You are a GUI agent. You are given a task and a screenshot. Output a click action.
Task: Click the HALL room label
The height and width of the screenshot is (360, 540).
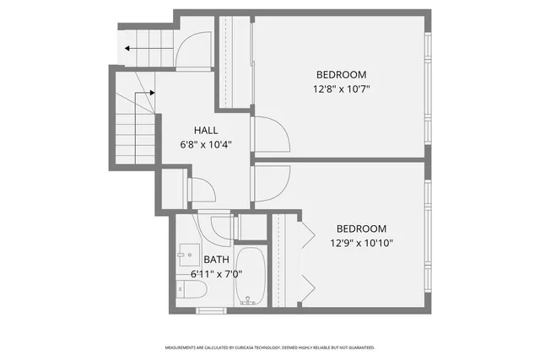(206, 131)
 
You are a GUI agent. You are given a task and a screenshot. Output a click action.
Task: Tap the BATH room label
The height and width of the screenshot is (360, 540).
(216, 260)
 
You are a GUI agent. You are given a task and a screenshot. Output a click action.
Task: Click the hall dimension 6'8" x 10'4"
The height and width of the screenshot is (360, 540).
(206, 145)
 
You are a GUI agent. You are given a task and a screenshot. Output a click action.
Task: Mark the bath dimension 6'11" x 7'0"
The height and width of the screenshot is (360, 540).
(216, 274)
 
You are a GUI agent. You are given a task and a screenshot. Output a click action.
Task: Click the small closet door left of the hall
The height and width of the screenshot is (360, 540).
(202, 189)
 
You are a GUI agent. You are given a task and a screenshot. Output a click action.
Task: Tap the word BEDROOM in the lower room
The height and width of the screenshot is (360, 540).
(361, 228)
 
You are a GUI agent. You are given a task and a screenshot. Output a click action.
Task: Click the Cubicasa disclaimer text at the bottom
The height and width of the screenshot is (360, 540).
(270, 347)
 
